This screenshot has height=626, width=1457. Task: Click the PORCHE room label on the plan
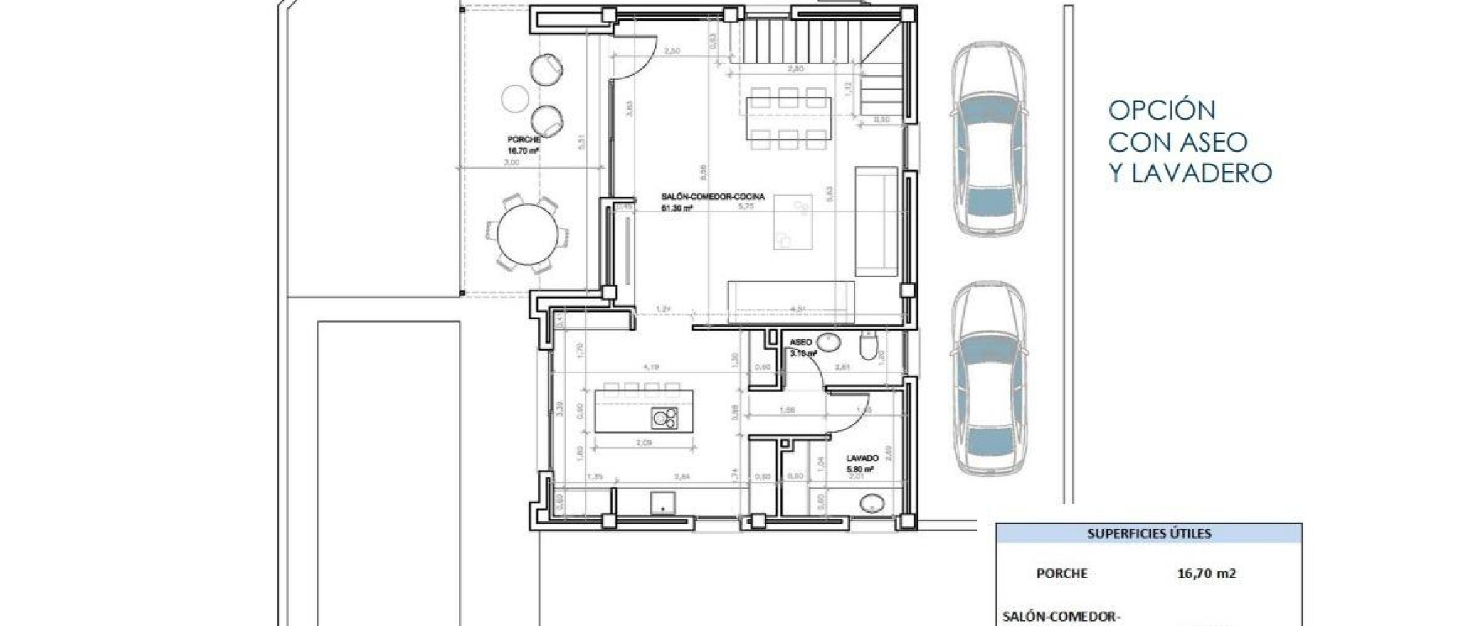pyautogui.click(x=524, y=140)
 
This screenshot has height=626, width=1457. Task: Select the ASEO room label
pyautogui.click(x=800, y=342)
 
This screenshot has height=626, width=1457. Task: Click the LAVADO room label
pyautogui.click(x=862, y=459)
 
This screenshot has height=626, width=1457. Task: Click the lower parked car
pyautogui.click(x=988, y=378)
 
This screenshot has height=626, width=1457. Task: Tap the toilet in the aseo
pyautogui.click(x=869, y=346)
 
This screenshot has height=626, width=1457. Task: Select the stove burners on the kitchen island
pyautogui.click(x=664, y=418)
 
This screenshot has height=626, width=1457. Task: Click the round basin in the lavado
pyautogui.click(x=872, y=504)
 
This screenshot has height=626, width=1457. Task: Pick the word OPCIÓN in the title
pyautogui.click(x=1162, y=110)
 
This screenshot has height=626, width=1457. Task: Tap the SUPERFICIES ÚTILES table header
pyautogui.click(x=1149, y=534)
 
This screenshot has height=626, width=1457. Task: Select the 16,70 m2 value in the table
pyautogui.click(x=1206, y=573)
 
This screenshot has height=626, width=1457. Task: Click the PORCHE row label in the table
pyautogui.click(x=1061, y=573)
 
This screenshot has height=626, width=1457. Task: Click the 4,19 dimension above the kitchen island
pyautogui.click(x=650, y=368)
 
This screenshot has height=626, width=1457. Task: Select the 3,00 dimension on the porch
pyautogui.click(x=511, y=162)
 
